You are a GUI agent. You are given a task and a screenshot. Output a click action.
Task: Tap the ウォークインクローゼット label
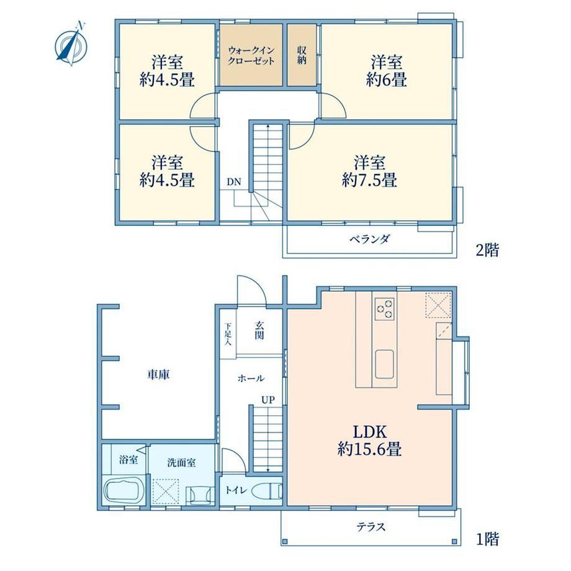[251, 55]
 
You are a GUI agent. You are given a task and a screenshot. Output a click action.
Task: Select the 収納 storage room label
[302, 55]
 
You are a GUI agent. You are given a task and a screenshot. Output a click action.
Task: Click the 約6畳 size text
[387, 80]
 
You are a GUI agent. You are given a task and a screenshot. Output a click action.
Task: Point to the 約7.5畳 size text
[369, 180]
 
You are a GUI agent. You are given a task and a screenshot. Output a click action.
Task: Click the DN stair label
[234, 182]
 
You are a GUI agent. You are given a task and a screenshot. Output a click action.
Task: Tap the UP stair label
[268, 400]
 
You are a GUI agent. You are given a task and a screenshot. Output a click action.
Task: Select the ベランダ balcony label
[370, 239]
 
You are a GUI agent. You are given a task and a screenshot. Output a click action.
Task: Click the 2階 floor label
[487, 250]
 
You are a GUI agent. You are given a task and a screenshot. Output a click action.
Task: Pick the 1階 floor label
[487, 539]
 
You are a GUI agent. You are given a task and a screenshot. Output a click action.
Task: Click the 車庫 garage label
[158, 374]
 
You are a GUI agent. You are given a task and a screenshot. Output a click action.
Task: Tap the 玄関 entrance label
[259, 330]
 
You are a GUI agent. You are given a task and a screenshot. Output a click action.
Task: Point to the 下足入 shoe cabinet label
[228, 334]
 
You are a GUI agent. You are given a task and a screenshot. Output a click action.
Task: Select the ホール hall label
[251, 379]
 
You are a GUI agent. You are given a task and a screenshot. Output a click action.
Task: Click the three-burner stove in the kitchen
[385, 309]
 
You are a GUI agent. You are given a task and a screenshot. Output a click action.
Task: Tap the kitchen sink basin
[385, 364]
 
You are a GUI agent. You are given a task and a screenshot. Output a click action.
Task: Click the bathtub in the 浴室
[123, 490]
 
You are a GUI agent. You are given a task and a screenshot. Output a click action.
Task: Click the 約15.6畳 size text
[370, 449]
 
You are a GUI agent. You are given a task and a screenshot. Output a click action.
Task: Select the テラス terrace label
[371, 526]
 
